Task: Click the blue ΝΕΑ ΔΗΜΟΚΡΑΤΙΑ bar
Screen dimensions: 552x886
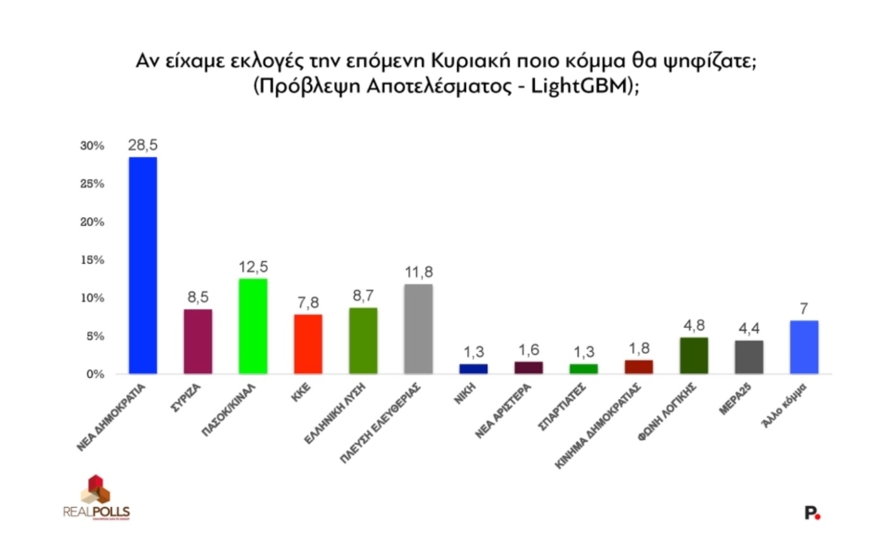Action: tap(142, 266)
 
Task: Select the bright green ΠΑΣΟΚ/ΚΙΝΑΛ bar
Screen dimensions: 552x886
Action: tap(253, 326)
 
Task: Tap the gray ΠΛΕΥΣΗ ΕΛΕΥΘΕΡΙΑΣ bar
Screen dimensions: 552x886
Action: tap(418, 329)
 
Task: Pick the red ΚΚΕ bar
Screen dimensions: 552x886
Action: tap(308, 344)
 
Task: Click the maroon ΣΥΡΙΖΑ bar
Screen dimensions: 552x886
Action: tap(197, 341)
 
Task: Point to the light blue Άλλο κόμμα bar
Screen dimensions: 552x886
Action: tap(804, 347)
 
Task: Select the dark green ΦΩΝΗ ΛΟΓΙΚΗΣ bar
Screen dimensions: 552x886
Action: tap(694, 355)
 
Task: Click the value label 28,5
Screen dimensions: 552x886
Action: tap(142, 145)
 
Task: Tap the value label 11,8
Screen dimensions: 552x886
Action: tap(418, 272)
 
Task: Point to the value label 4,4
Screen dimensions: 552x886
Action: tap(749, 329)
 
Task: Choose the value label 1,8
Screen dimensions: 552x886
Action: tap(639, 348)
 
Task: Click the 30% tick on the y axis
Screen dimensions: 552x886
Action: tap(92, 146)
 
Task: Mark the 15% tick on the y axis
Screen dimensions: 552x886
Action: tap(92, 260)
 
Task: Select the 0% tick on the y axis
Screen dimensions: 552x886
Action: tap(95, 374)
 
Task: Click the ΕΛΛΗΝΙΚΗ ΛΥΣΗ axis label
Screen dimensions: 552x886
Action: tap(340, 413)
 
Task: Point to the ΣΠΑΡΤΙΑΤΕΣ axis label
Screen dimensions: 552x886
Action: tap(562, 408)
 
